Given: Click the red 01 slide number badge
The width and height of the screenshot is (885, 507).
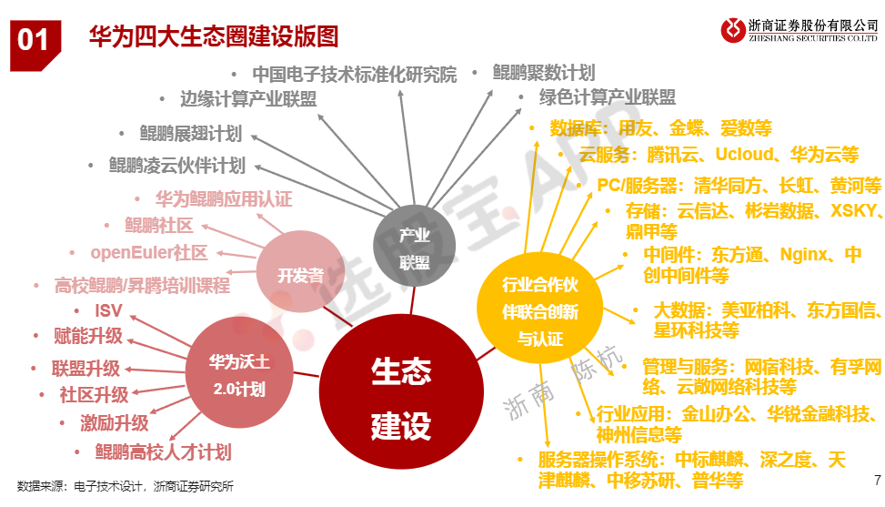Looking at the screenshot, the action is click(x=35, y=46).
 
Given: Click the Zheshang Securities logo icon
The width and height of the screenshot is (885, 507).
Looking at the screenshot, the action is click(x=733, y=30).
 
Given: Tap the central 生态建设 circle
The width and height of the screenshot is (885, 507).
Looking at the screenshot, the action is click(x=401, y=391).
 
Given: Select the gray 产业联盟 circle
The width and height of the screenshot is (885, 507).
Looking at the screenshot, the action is click(x=414, y=246).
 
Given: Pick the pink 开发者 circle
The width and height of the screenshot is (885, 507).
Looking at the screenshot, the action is click(x=300, y=271).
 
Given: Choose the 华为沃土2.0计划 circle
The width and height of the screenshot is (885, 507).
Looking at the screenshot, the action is click(x=239, y=372).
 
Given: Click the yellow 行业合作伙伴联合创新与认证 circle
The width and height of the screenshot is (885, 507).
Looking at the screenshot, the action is click(x=540, y=309).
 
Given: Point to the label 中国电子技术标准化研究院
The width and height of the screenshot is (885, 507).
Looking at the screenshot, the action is click(x=355, y=75).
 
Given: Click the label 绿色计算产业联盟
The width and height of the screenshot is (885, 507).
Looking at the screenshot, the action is click(x=608, y=97).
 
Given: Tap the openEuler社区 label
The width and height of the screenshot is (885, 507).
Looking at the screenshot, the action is click(x=149, y=252).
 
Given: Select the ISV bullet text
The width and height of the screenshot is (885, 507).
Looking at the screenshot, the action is click(x=108, y=310).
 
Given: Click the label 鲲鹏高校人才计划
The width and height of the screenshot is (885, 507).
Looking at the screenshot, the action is click(x=163, y=451).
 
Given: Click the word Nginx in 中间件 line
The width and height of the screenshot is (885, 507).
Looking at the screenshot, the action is click(x=804, y=255).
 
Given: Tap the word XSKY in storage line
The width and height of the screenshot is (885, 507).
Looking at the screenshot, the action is click(x=853, y=210).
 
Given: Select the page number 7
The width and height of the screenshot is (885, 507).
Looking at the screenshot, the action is click(x=877, y=480).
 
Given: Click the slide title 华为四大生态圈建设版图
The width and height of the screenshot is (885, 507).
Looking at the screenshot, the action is click(x=214, y=36).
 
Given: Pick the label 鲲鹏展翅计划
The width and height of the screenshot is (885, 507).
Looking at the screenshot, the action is click(x=191, y=134).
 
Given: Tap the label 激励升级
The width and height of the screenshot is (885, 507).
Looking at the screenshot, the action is click(x=114, y=423).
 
